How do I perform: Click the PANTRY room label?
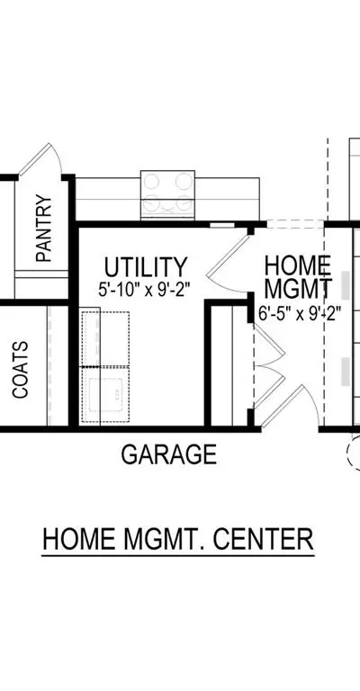[44, 229]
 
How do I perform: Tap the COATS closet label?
[21, 370]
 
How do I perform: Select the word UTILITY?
[146, 267]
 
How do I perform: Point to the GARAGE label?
[169, 454]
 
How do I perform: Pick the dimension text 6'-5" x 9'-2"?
[300, 314]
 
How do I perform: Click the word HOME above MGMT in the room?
[298, 265]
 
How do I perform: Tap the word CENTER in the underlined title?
[264, 539]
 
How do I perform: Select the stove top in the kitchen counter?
[167, 194]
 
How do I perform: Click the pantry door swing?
[40, 158]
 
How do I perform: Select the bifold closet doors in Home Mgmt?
[269, 364]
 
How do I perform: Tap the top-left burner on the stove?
[152, 181]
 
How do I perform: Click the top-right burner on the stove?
[184, 181]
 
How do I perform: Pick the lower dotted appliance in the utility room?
[105, 394]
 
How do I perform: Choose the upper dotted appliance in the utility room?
[105, 338]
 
